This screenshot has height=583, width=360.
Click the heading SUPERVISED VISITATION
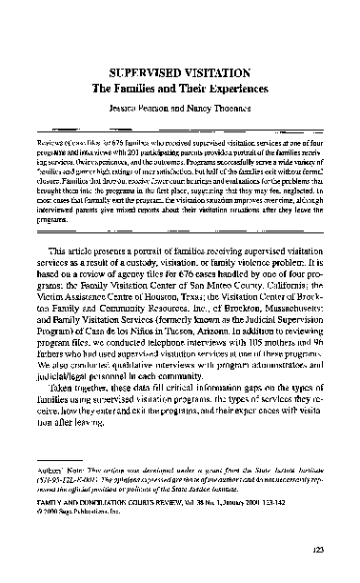click(179, 70)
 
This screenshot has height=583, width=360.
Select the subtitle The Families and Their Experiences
click(179, 88)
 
